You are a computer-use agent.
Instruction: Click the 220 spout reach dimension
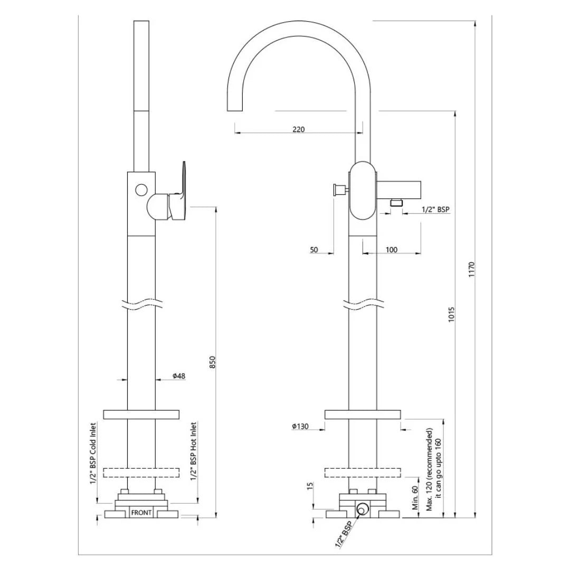[x=298, y=129]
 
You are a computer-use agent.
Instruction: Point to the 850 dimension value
[x=213, y=362]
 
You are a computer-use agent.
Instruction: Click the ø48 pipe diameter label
[x=179, y=376]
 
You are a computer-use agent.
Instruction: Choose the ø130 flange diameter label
[x=300, y=427]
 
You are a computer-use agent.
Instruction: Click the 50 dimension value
[x=314, y=250]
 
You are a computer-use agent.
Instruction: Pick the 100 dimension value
[x=391, y=250]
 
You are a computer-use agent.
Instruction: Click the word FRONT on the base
[x=141, y=512]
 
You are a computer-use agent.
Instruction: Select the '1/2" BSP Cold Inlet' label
[x=93, y=453]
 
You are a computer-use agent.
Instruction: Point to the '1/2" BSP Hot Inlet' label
[x=194, y=451]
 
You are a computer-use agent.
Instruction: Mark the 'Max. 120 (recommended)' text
[x=430, y=470]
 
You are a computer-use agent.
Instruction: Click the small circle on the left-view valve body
[x=141, y=189]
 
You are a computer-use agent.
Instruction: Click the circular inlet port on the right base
[x=363, y=509]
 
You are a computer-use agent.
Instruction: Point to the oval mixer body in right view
[x=363, y=189]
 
